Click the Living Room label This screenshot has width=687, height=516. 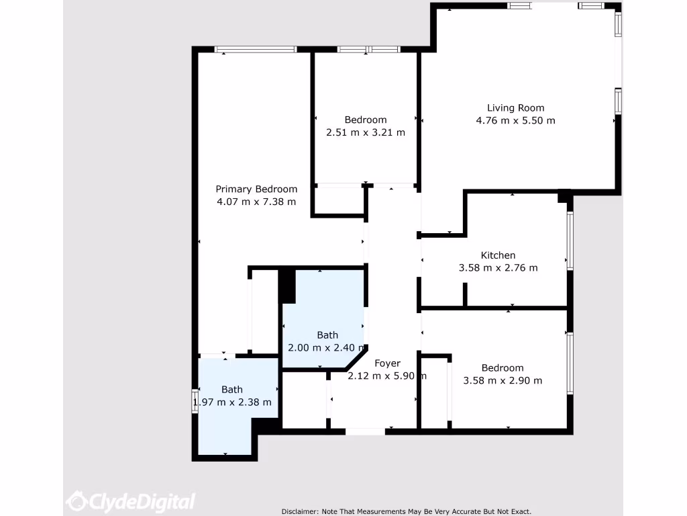click(x=515, y=107)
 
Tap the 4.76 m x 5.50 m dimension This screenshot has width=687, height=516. click(x=515, y=121)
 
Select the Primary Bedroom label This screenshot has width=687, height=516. click(x=256, y=189)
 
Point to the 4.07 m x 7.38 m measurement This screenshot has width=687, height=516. click(x=256, y=202)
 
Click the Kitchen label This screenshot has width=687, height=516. click(x=498, y=255)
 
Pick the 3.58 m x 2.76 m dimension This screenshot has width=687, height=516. click(x=498, y=268)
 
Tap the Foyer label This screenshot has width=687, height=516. click(x=387, y=363)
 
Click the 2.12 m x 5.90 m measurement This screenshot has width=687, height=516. click(x=387, y=376)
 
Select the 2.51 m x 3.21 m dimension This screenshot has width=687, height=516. click(x=366, y=133)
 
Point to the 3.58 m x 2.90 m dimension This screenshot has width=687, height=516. click(x=503, y=381)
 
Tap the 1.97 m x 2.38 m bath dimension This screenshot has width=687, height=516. click(x=232, y=402)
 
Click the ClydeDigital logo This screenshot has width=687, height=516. click(x=131, y=501)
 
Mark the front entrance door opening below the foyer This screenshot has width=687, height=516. click(x=366, y=431)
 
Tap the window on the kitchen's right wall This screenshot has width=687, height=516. click(x=570, y=241)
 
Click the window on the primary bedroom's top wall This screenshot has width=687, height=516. click(x=256, y=49)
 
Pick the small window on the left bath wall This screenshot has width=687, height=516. click(x=195, y=400)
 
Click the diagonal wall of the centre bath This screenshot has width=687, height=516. click(x=356, y=358)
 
